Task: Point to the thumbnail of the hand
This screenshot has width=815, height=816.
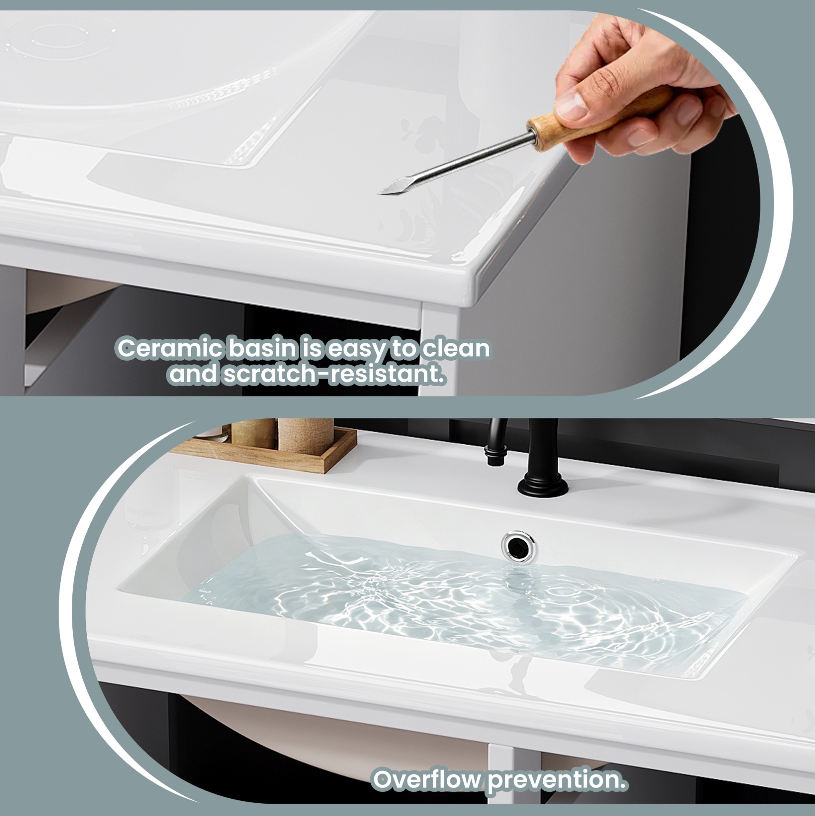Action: pos(570,106)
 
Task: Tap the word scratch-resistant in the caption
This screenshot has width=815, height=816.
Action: pos(334,374)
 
